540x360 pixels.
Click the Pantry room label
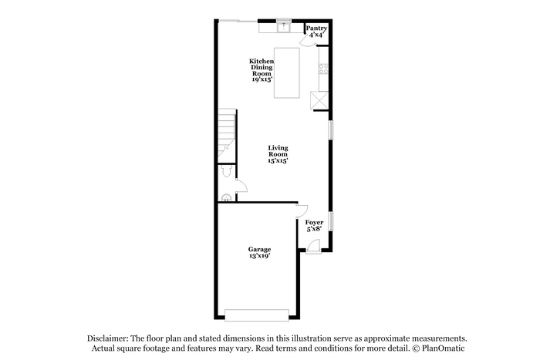click(x=316, y=29)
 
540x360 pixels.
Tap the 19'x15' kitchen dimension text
click(x=262, y=79)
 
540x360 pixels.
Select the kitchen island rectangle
click(x=286, y=73)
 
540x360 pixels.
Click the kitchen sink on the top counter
click(x=284, y=27)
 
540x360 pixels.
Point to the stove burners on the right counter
click(x=324, y=69)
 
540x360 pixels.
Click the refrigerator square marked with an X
click(x=319, y=100)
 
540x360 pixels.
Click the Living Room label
click(x=278, y=151)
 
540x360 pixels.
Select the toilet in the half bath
click(x=226, y=171)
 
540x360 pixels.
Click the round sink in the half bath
click(x=226, y=198)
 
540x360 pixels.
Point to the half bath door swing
click(x=241, y=186)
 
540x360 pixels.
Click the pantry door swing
click(x=309, y=42)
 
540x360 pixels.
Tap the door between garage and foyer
click(x=302, y=211)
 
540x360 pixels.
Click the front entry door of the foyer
click(x=313, y=247)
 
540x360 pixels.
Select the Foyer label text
click(x=314, y=222)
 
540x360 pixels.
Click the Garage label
click(x=259, y=249)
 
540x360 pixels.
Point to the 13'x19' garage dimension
click(x=259, y=256)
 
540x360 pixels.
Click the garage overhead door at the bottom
click(x=257, y=315)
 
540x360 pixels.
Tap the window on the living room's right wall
click(x=331, y=130)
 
